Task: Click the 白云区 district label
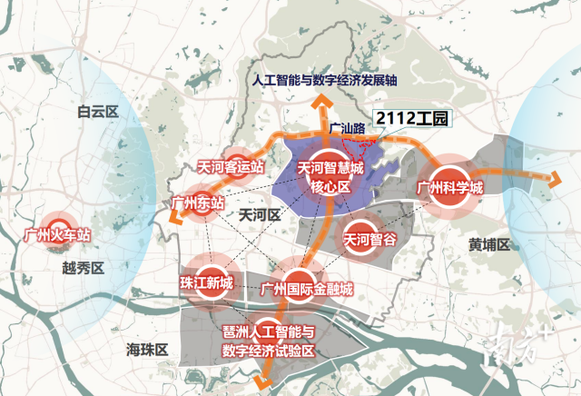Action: (x=99, y=113)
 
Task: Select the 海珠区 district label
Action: (x=148, y=349)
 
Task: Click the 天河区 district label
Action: (x=258, y=216)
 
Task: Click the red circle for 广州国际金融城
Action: (x=300, y=278)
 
